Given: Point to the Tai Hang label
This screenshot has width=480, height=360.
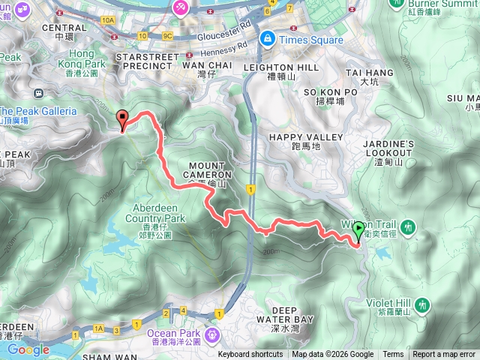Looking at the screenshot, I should [369, 76].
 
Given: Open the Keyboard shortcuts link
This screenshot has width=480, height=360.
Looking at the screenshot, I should [250, 355].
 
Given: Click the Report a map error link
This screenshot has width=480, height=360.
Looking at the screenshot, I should [444, 355].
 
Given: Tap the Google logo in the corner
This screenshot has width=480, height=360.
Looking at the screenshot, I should [28, 349].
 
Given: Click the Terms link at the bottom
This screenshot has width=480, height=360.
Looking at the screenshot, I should [393, 355].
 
